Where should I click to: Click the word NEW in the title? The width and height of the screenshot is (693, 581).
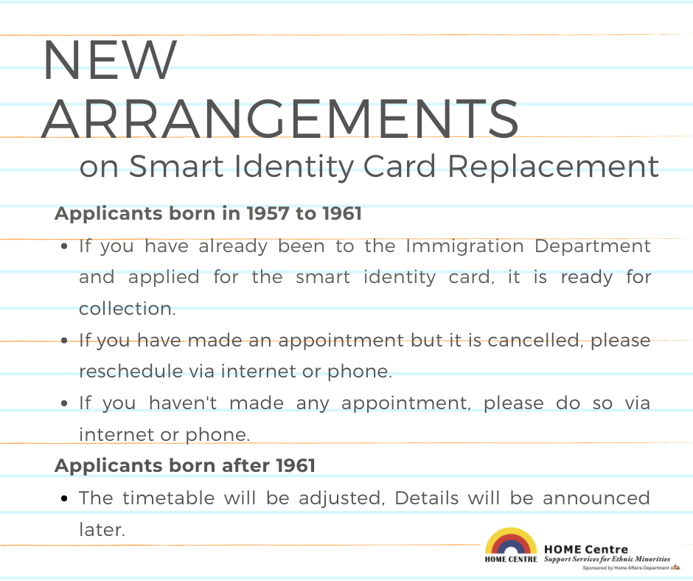click(110, 60)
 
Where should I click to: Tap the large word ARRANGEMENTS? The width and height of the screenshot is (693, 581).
click(280, 119)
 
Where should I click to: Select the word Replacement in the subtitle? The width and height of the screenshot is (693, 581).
click(554, 167)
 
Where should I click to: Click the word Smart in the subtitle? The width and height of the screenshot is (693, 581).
click(176, 166)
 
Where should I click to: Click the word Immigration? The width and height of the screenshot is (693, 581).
click(464, 246)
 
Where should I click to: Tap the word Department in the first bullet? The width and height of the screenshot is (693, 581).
click(593, 246)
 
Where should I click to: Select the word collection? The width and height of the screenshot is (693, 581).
click(128, 309)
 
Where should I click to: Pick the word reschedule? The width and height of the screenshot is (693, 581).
click(130, 372)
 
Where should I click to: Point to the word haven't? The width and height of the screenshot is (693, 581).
click(183, 403)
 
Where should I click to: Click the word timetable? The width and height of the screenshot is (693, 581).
click(168, 498)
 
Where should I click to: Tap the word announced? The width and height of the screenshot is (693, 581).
click(596, 498)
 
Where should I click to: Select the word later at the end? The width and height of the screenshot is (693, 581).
click(102, 529)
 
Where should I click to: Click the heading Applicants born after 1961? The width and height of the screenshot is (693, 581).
click(185, 465)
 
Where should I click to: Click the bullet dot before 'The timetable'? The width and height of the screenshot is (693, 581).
click(65, 498)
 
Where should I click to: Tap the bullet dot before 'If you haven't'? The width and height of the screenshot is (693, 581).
click(65, 404)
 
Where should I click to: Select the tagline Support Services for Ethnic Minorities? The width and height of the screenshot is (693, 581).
click(607, 560)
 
